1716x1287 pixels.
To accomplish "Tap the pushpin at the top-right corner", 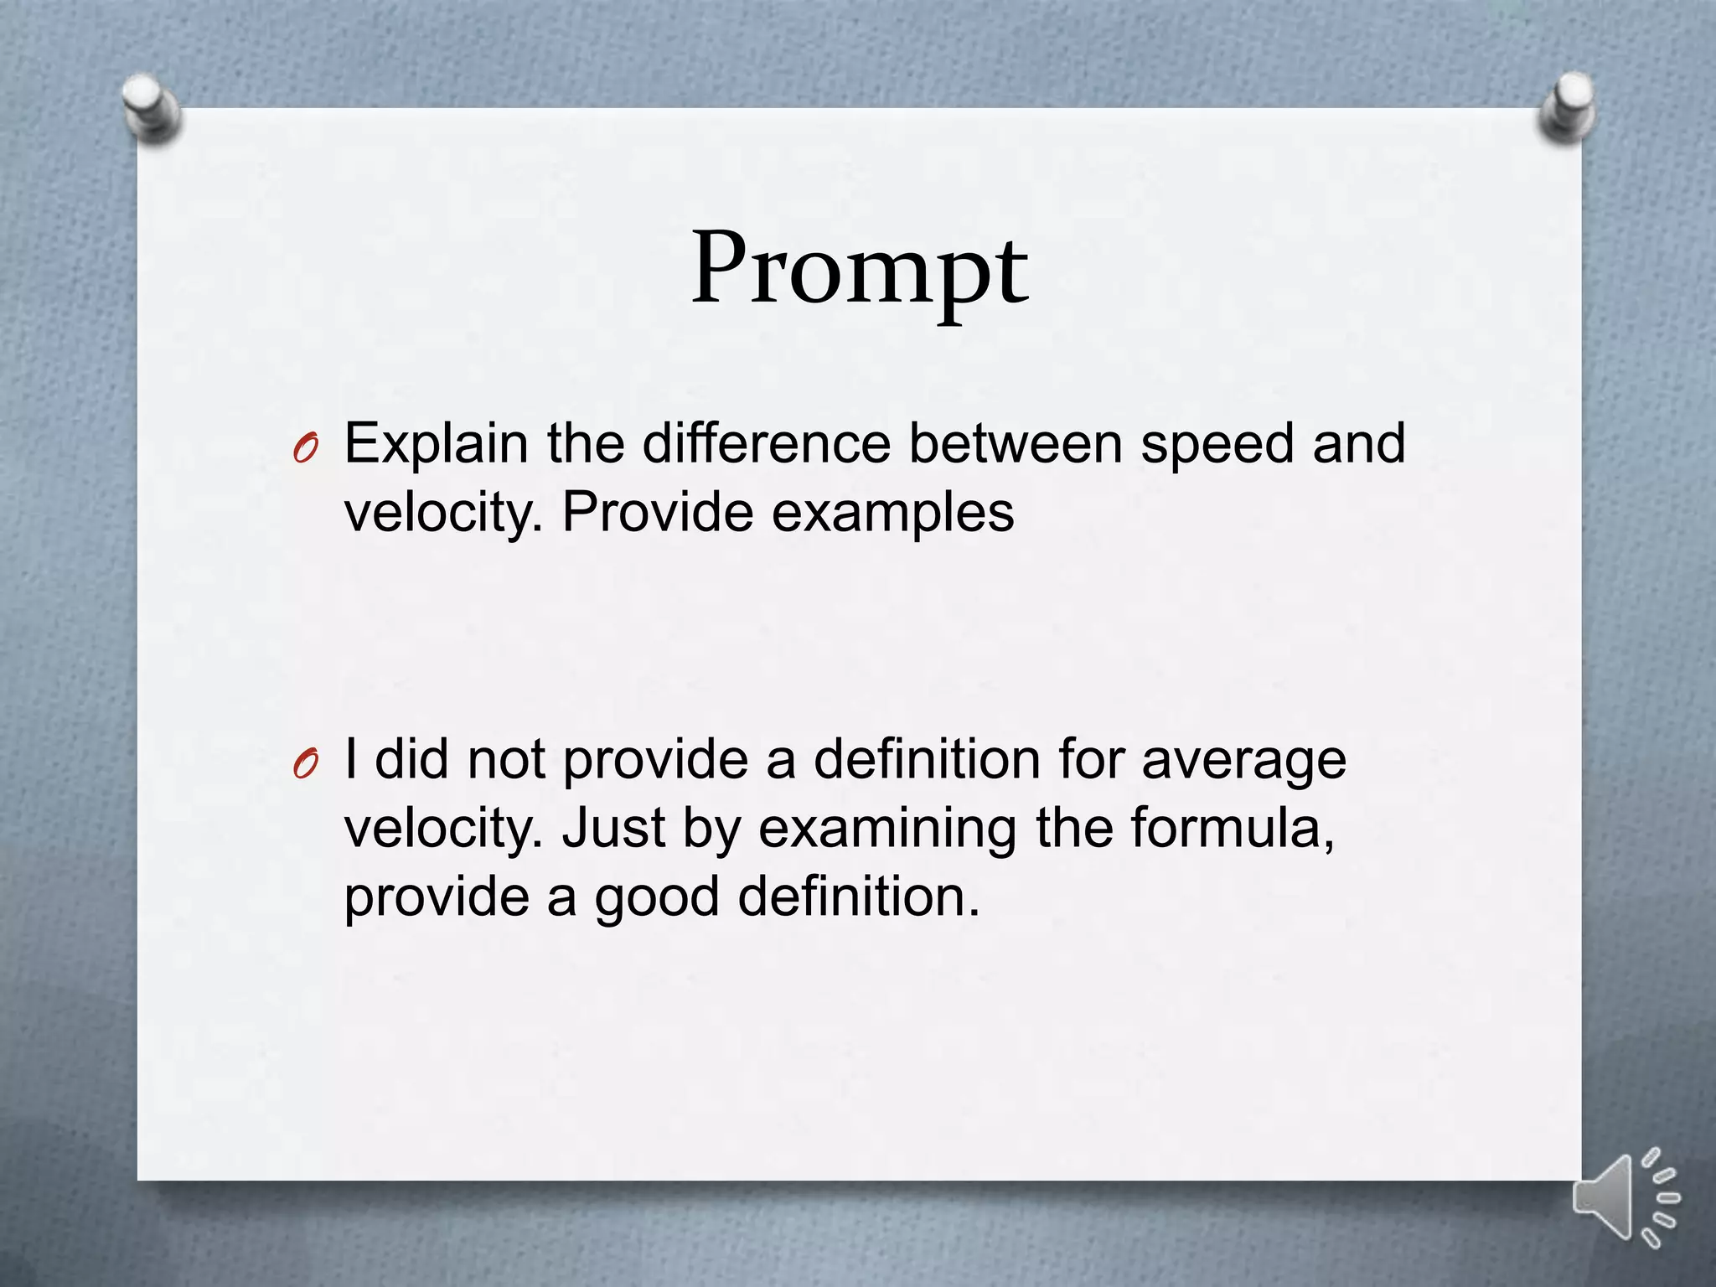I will click(1566, 107).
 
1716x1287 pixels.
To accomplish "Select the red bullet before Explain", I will click(306, 450).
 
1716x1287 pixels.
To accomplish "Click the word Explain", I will click(437, 444).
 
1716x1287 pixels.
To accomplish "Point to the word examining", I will click(886, 830).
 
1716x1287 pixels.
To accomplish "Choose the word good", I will click(657, 898).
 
